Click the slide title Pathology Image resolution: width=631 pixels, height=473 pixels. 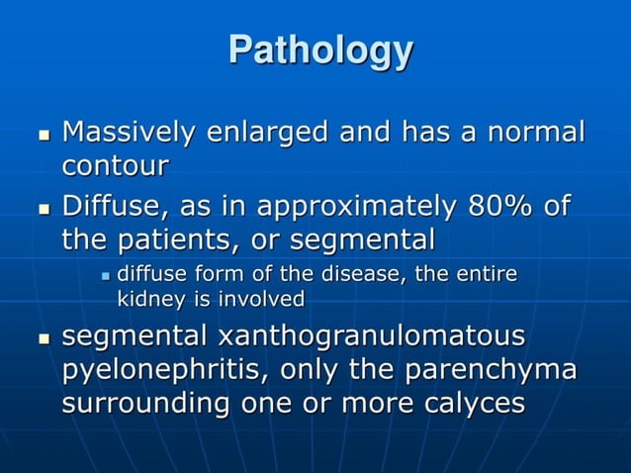319,51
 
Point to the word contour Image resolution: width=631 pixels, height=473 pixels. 115,164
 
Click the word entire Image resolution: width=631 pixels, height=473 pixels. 486,274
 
